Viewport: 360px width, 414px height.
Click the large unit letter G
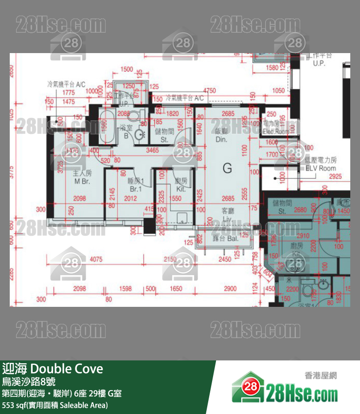click(227, 169)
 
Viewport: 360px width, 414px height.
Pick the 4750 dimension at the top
click(210, 91)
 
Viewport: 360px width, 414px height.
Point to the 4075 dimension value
click(96, 259)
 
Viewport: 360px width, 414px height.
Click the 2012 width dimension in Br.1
click(130, 198)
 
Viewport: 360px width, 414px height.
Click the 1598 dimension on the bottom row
click(126, 289)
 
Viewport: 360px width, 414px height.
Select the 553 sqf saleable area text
click(55, 405)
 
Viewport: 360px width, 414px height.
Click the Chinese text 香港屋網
click(321, 376)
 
